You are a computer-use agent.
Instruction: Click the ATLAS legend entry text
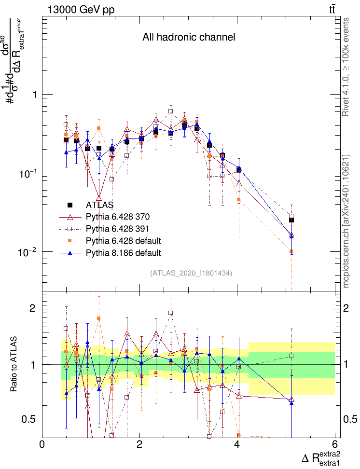99,205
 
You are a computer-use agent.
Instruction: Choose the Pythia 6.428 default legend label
123,240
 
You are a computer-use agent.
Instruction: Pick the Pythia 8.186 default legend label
123,252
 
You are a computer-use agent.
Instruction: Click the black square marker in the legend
70,205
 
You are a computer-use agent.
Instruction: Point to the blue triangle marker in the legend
70,252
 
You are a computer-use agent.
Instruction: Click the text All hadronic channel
189,37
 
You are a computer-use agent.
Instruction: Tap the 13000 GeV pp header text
81,9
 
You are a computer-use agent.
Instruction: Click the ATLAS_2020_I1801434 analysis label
191,273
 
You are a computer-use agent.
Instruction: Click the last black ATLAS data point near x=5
291,220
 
